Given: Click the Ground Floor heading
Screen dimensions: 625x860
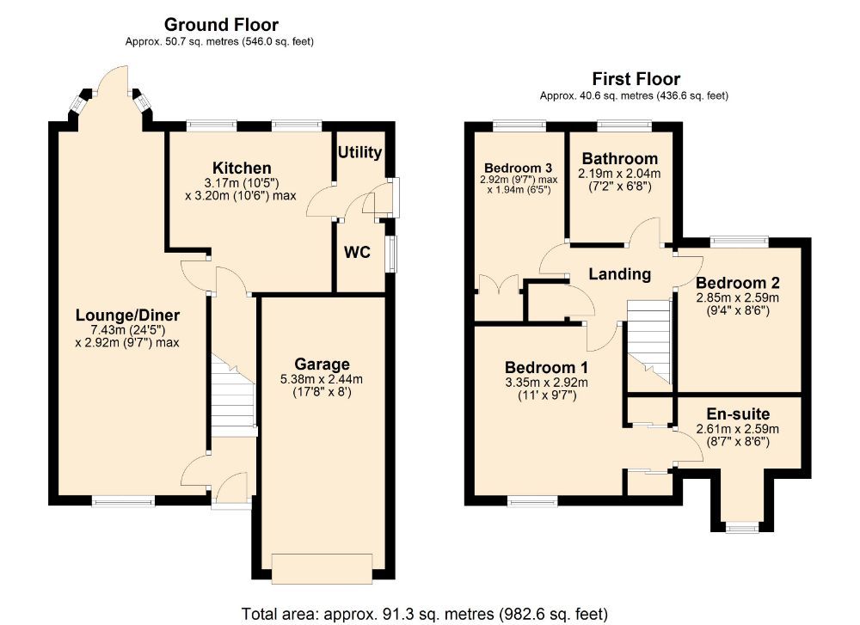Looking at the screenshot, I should (x=221, y=25).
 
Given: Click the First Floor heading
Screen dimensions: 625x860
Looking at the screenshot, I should (x=636, y=80).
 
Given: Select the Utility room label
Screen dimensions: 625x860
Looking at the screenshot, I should (x=359, y=153).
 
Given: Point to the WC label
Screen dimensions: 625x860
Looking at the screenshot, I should (x=357, y=254).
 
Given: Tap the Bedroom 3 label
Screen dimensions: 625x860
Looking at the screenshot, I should (x=517, y=168).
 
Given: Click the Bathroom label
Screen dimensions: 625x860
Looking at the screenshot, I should (x=620, y=159).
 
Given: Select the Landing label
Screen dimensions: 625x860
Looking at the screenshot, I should (x=619, y=274).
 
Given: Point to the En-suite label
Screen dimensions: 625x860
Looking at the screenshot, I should (x=737, y=414).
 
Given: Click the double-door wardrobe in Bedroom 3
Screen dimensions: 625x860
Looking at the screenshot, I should (x=500, y=285).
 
